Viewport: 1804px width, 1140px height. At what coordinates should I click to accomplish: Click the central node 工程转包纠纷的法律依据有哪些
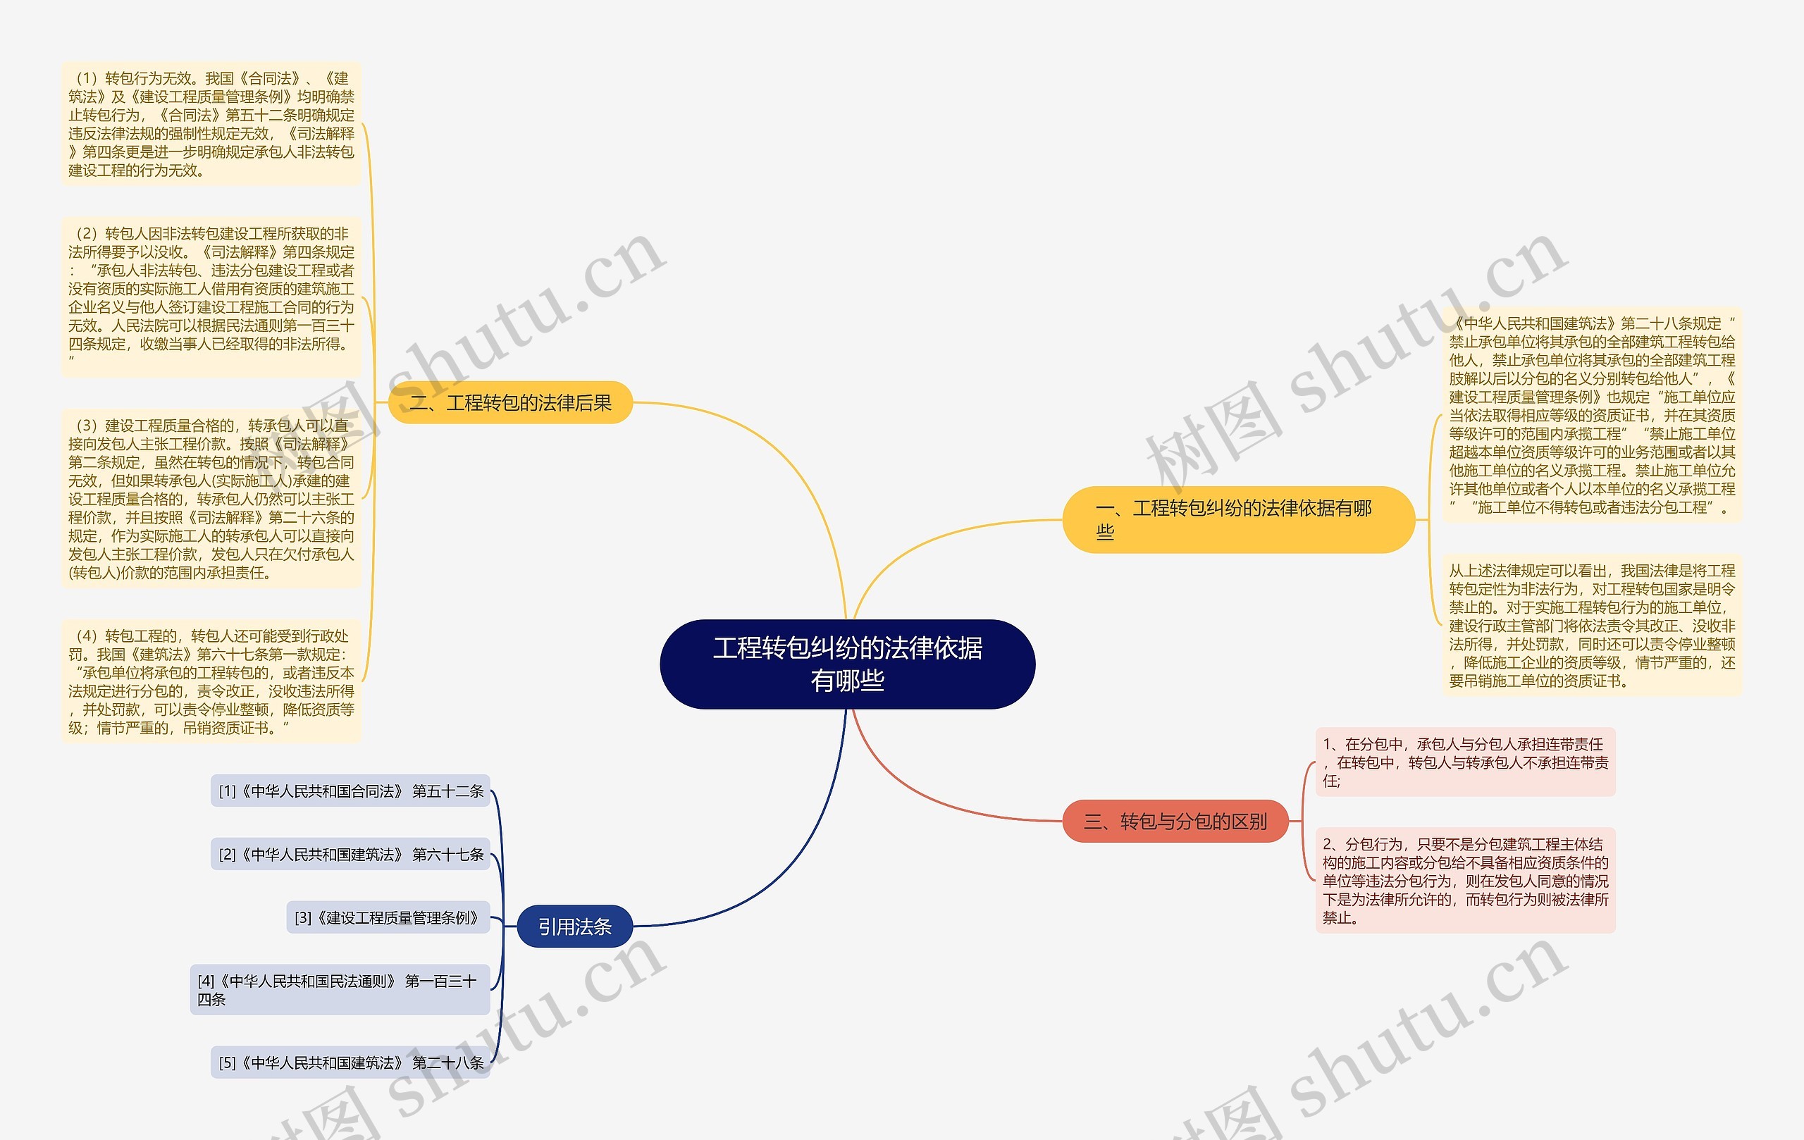(x=847, y=664)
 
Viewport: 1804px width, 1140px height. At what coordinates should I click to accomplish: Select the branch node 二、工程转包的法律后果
(x=510, y=403)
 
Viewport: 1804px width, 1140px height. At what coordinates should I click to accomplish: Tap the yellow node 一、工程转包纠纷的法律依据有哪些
(x=1237, y=519)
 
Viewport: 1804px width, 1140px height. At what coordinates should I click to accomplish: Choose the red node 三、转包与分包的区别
(x=1175, y=822)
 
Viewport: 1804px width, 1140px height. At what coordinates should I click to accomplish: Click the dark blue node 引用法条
(x=574, y=927)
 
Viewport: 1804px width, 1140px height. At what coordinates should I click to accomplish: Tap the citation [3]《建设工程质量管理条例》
(x=388, y=917)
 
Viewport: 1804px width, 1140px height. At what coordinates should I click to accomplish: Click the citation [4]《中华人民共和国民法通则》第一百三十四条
(x=340, y=989)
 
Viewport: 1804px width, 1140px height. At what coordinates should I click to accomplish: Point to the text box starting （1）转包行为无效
(x=211, y=124)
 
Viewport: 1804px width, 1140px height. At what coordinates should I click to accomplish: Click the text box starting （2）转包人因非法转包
(x=211, y=297)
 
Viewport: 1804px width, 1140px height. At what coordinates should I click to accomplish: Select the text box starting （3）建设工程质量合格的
(x=211, y=499)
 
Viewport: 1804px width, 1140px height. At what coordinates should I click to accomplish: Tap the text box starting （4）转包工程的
(x=211, y=681)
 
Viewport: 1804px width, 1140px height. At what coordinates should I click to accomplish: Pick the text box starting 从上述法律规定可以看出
(x=1592, y=626)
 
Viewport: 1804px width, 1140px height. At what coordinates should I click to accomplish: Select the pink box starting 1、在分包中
(x=1465, y=762)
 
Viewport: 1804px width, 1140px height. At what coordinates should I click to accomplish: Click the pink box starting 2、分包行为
(x=1465, y=880)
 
